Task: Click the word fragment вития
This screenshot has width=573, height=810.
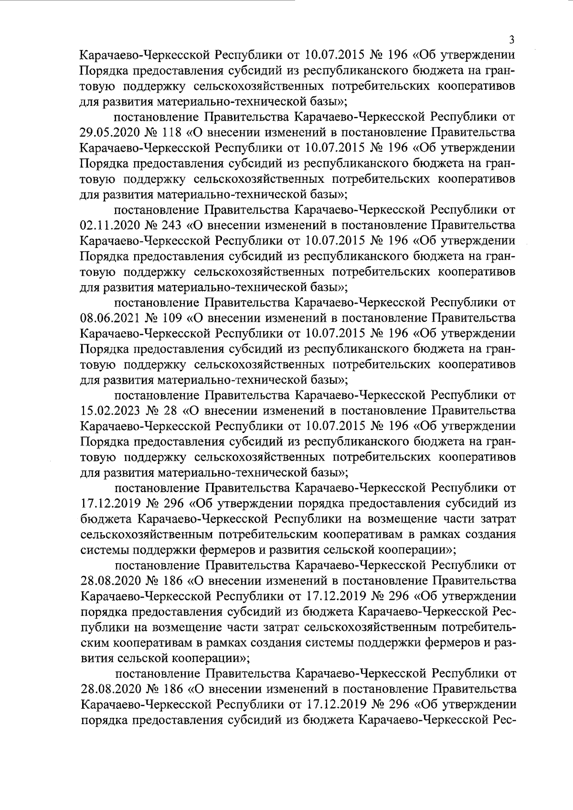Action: (x=97, y=658)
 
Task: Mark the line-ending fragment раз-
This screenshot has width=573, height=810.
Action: (x=506, y=642)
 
